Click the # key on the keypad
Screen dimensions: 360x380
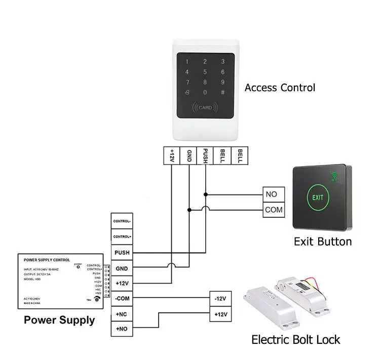click(222, 92)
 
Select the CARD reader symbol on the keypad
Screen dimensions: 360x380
click(205, 107)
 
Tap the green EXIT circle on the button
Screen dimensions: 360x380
click(318, 197)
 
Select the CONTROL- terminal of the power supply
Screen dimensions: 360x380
click(122, 221)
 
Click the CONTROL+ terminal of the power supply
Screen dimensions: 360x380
click(122, 236)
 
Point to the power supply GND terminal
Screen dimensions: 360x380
click(122, 268)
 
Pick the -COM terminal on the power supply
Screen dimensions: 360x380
click(122, 298)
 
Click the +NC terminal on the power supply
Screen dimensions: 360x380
click(122, 313)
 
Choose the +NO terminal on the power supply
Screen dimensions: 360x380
click(122, 329)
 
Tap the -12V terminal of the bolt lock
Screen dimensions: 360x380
click(220, 299)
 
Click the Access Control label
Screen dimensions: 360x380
click(280, 88)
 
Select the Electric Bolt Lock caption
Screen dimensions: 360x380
click(296, 339)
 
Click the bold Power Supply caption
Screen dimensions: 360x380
click(59, 320)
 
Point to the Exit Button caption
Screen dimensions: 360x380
click(323, 241)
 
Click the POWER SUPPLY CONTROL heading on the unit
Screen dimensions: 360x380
click(47, 260)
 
